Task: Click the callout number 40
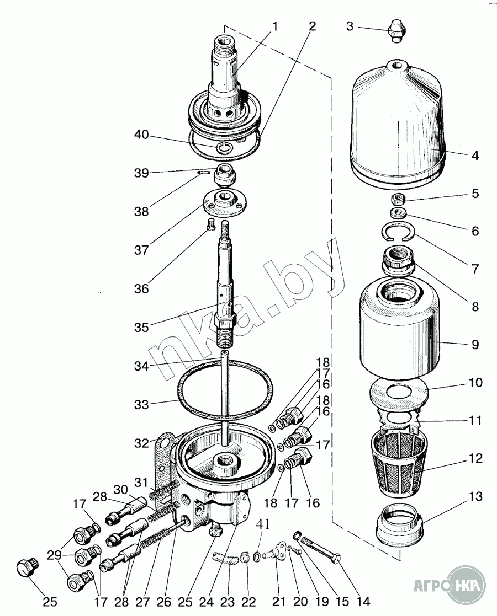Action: tap(141, 135)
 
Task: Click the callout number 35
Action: tap(141, 327)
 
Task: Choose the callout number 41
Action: tap(263, 524)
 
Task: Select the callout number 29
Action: tap(54, 555)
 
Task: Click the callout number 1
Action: tap(274, 26)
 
